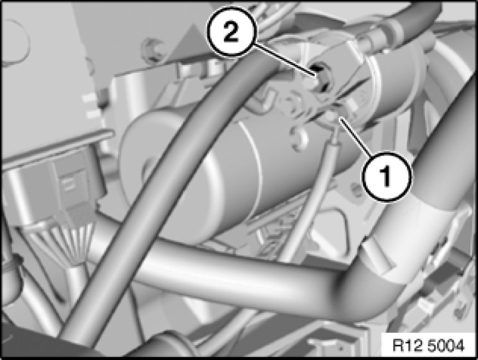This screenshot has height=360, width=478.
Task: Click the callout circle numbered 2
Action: pos(232,32)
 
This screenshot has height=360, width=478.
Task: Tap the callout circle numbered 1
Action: pos(387,176)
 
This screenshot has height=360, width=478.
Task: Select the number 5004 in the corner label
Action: pos(447,346)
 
